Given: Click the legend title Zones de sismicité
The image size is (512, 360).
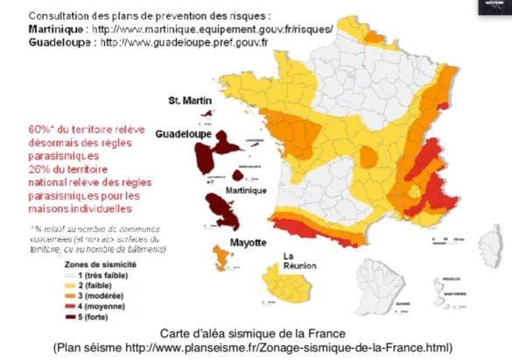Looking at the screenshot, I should [101, 263].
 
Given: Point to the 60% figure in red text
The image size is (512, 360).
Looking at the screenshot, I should [38, 129].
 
